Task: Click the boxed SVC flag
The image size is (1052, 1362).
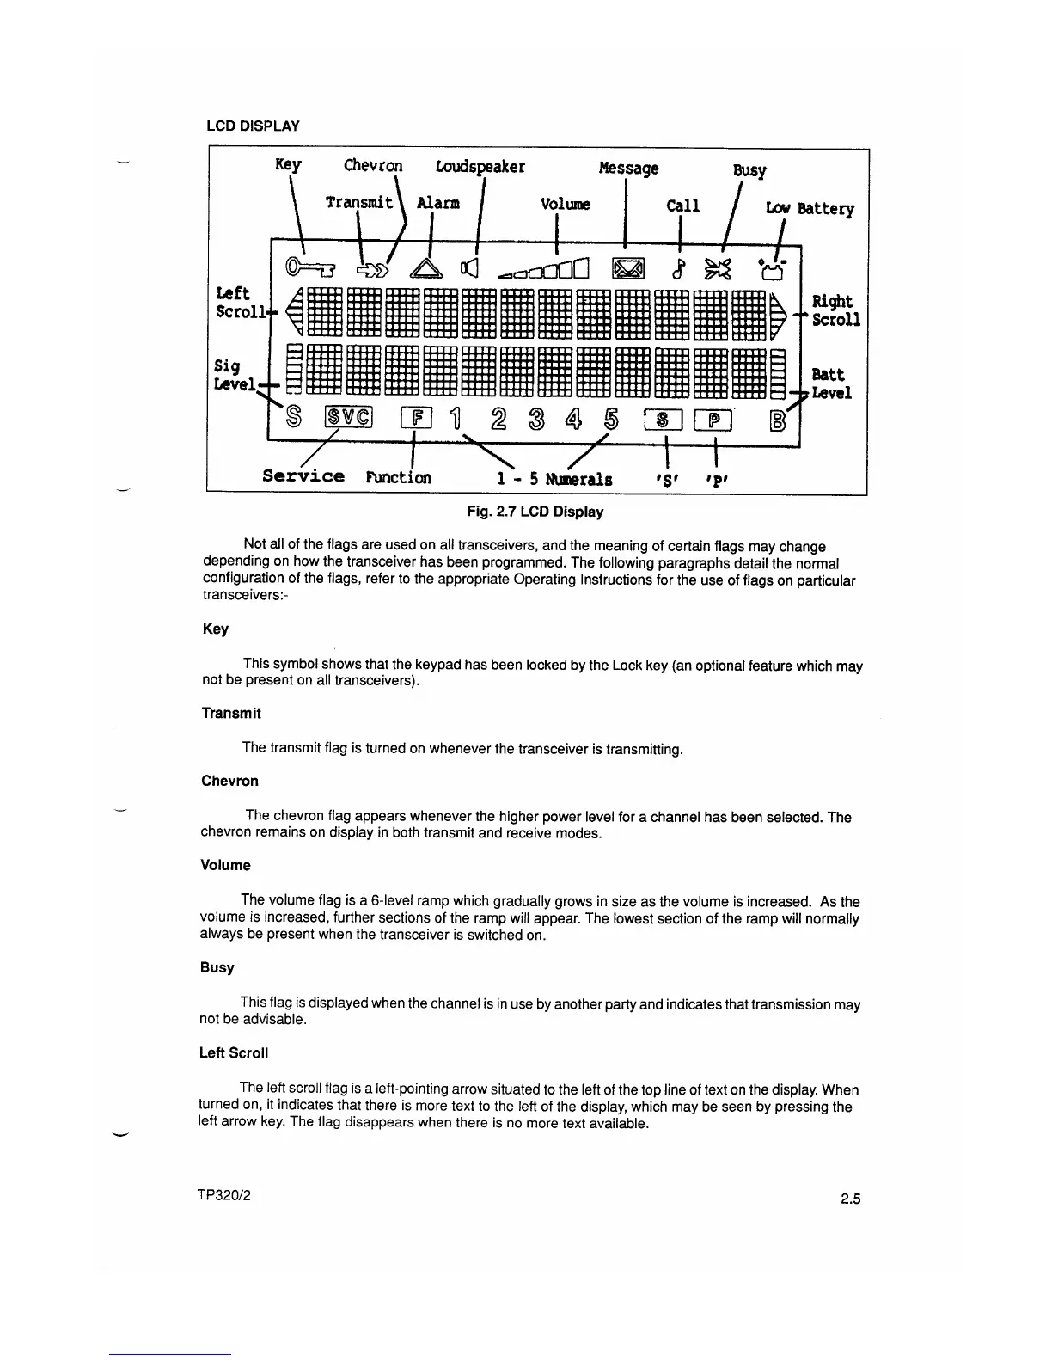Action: coord(349,418)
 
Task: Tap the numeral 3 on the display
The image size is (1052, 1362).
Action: coord(535,419)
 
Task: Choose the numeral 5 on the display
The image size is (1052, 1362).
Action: coord(611,419)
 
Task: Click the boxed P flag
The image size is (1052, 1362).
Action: coord(713,420)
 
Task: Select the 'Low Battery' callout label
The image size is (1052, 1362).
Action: coord(810,208)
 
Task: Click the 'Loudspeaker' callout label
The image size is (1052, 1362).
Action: coord(480,166)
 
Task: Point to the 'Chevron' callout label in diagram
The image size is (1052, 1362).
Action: coord(373,165)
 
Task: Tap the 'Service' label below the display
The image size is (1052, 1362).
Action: coord(303,476)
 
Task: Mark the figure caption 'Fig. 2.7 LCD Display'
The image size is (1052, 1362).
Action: coord(535,512)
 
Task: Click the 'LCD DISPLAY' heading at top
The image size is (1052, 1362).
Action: coord(253,126)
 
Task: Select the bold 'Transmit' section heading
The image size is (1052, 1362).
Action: coord(230,713)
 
